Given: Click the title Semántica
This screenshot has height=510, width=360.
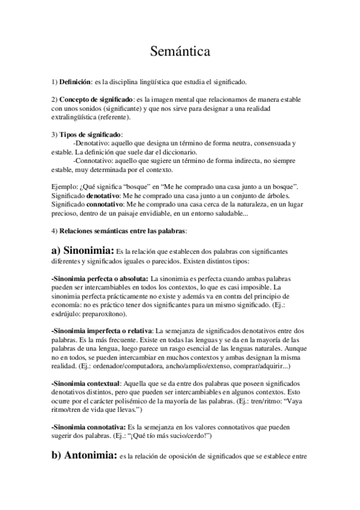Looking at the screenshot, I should coord(180,52).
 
